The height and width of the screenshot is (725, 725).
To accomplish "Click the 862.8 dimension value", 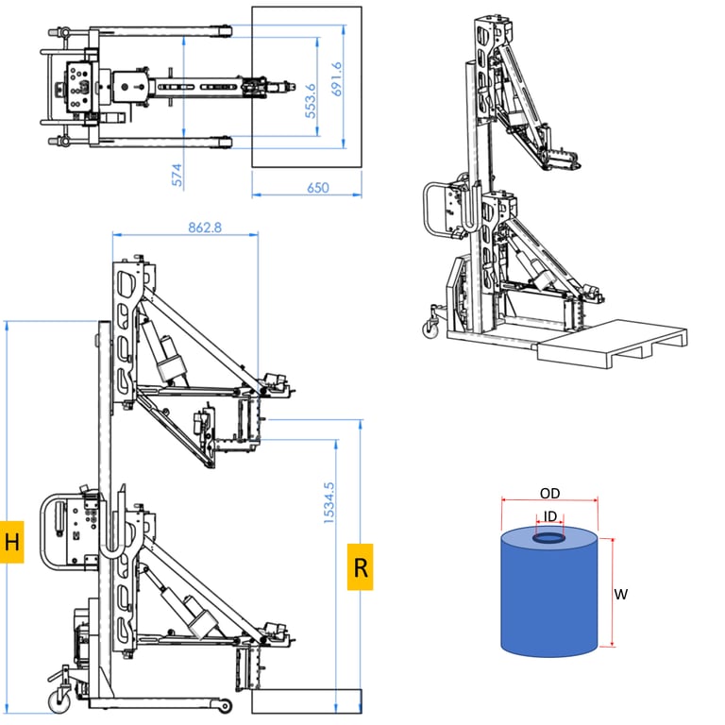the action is coord(205,228).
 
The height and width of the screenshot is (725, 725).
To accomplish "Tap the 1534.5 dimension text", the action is coord(329,503).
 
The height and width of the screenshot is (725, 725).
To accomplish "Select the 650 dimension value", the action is coord(318,188).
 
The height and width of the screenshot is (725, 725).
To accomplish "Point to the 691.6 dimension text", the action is coord(337,79).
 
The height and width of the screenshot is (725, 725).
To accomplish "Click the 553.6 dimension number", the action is coord(311,101).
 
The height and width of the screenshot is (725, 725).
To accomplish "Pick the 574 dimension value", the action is coord(177,175).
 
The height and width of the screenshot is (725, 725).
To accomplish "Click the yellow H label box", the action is coord(11,542).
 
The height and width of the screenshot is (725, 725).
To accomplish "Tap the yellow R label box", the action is coord(361,566).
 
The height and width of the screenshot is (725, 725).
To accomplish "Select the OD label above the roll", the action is coord(549,494).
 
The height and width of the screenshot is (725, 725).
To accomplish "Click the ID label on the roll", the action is coord(549,515).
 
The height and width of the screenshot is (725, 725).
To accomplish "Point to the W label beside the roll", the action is coord(620,594).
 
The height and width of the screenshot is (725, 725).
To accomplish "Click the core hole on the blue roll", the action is coord(548,538).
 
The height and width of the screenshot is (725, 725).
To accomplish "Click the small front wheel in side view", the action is coord(225,705).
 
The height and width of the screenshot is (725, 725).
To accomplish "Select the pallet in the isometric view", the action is coord(612,342).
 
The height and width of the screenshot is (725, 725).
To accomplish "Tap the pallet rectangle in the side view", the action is coord(307,701).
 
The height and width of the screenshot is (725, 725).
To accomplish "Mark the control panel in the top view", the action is coord(79,87).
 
